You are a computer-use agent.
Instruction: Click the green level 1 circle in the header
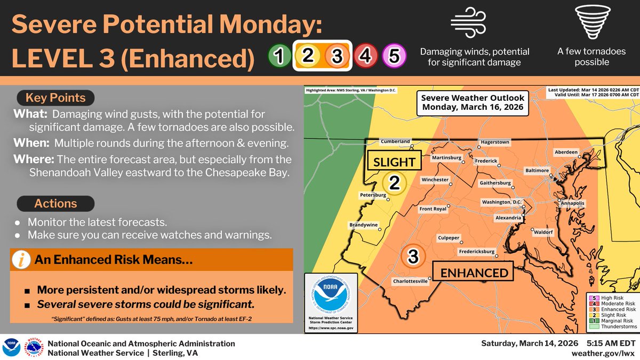pyautogui.click(x=278, y=56)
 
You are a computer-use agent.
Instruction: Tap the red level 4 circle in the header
pyautogui.click(x=365, y=56)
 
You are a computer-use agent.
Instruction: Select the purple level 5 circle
pyautogui.click(x=394, y=56)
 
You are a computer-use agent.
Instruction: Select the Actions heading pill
pyautogui.click(x=55, y=204)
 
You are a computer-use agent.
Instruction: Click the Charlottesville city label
pyautogui.click(x=410, y=282)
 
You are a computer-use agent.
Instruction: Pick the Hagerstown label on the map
pyautogui.click(x=494, y=142)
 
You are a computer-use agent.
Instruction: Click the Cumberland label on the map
pyautogui.click(x=395, y=141)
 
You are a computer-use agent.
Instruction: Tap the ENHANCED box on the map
pyautogui.click(x=473, y=273)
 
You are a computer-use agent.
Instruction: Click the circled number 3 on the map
pyautogui.click(x=413, y=257)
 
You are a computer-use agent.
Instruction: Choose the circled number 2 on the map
pyautogui.click(x=394, y=183)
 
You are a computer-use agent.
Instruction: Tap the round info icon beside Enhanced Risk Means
pyautogui.click(x=21, y=261)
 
